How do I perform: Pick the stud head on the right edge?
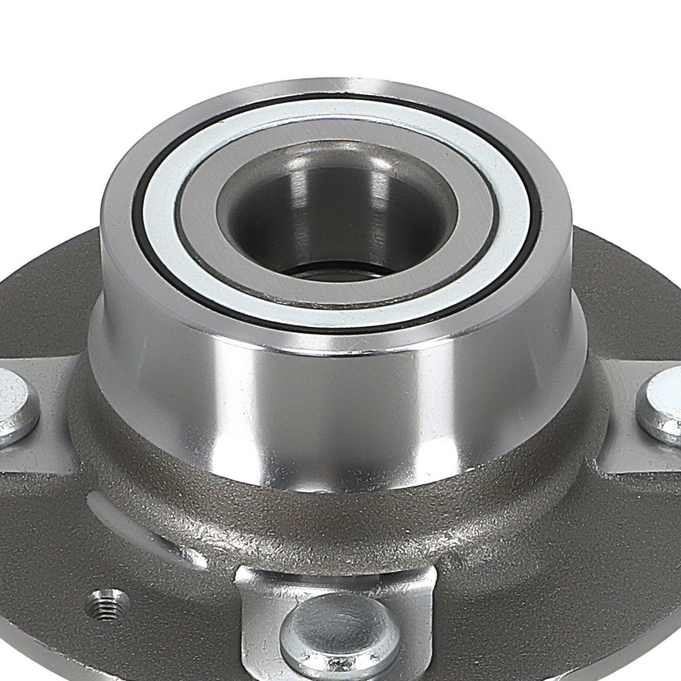(664, 405)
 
